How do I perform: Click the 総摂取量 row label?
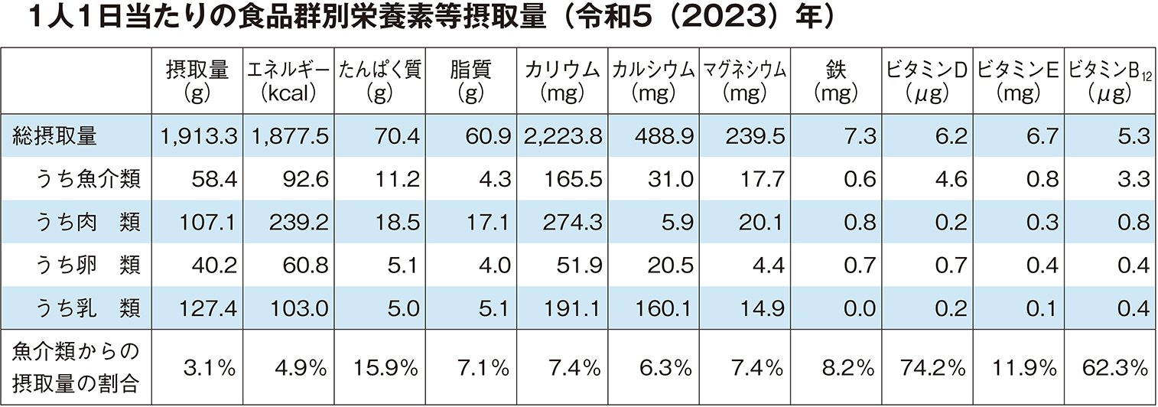coord(55,136)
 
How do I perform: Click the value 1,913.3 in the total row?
coord(198,136)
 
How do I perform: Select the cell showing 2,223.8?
coord(563,136)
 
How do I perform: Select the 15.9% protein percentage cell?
coord(386,368)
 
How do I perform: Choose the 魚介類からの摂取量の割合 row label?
coord(76,368)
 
